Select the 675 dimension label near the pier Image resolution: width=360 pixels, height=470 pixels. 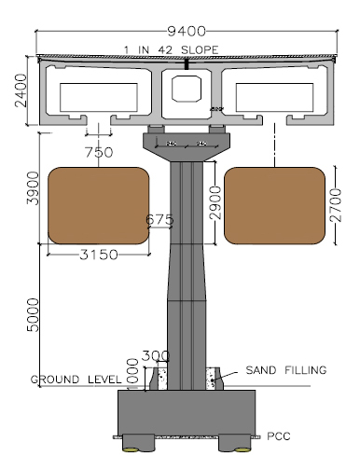coord(162,221)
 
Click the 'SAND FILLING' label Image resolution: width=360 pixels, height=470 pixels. coord(285,370)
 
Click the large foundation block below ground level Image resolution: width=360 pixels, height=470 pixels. coord(187,411)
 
